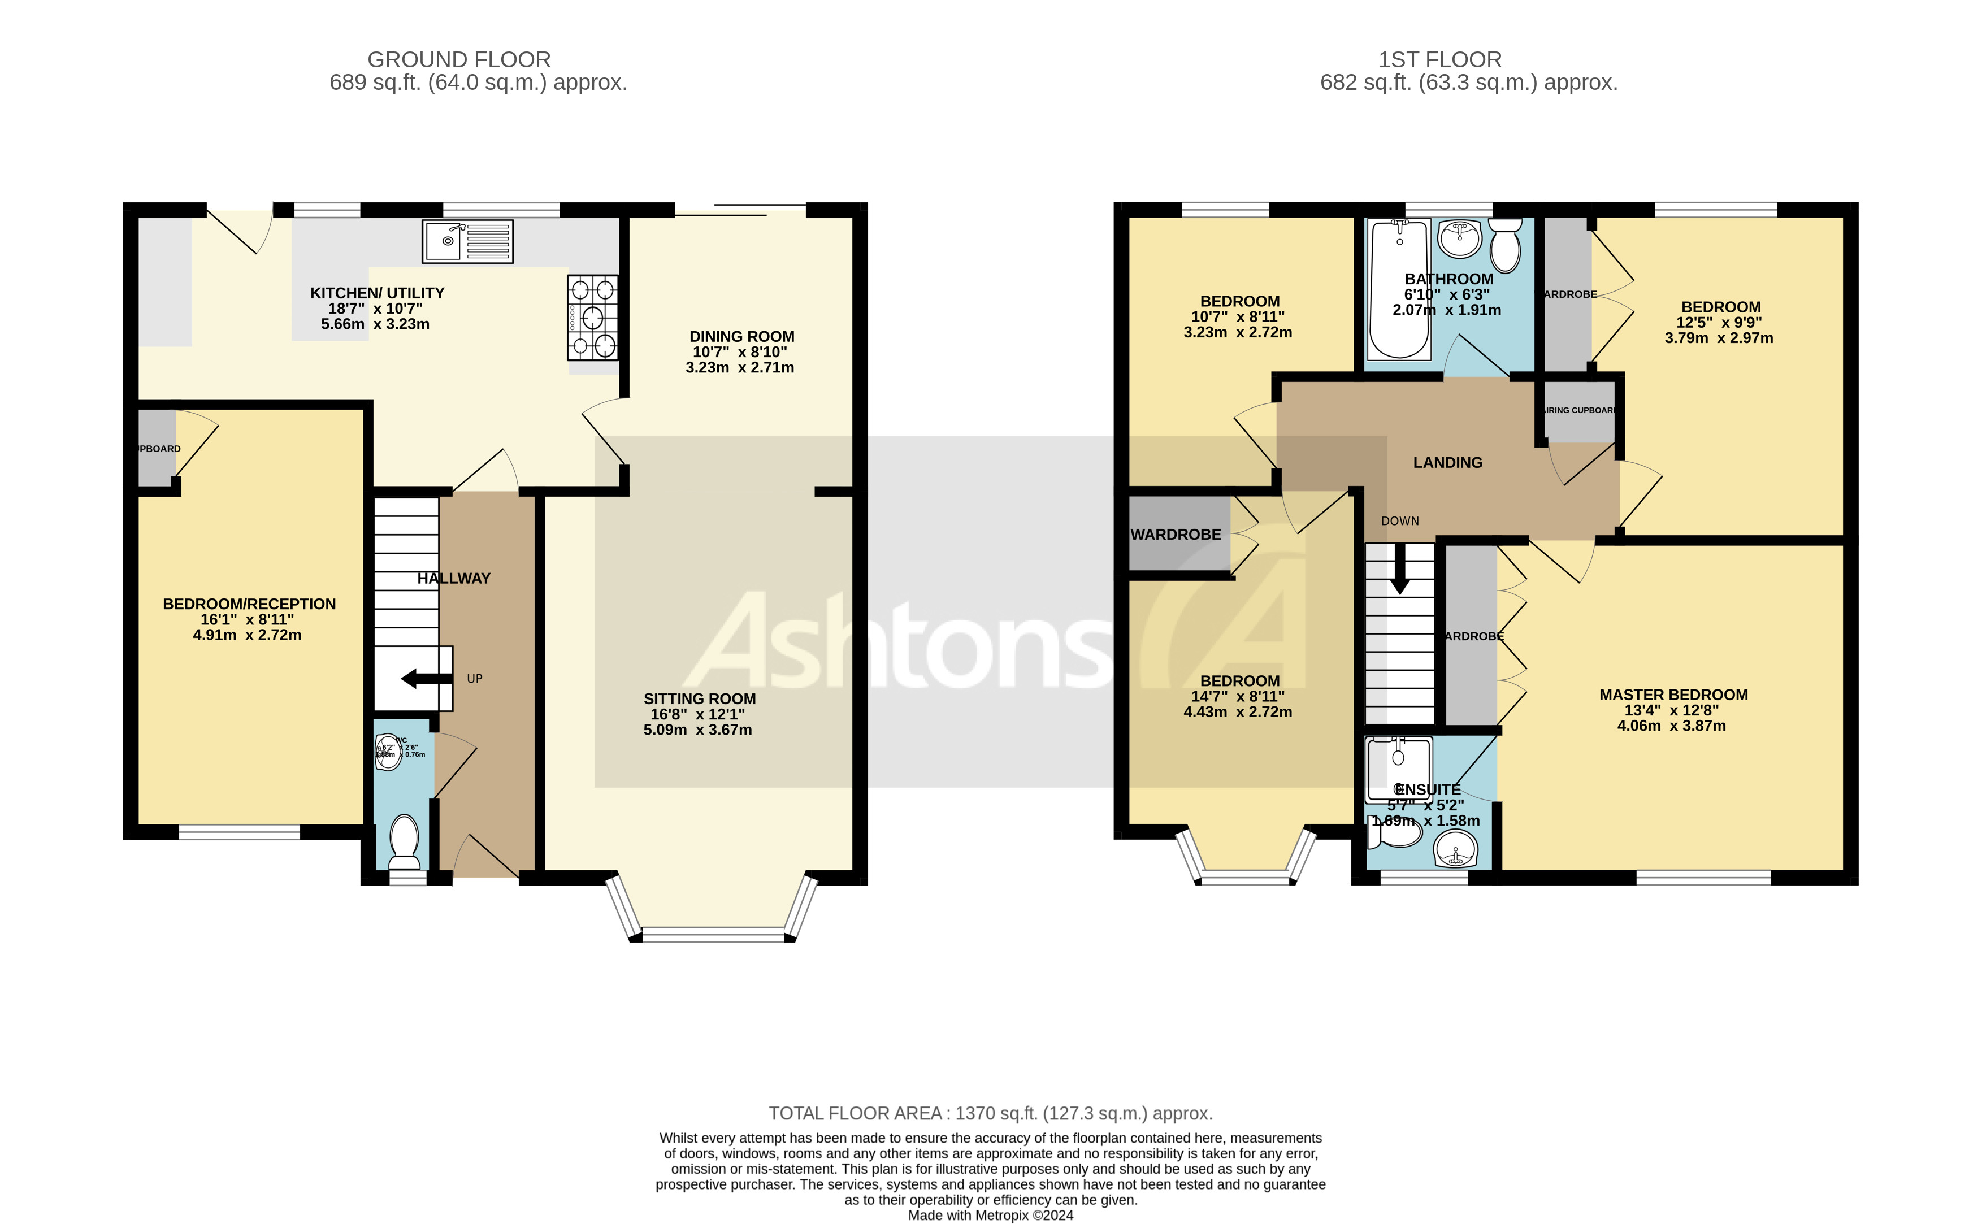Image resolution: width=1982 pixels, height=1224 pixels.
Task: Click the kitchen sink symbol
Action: (467, 241)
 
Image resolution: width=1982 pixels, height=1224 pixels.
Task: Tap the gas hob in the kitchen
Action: (593, 318)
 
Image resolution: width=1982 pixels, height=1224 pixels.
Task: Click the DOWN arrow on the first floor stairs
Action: (1399, 576)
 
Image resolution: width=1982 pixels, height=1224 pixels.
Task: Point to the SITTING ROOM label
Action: (700, 698)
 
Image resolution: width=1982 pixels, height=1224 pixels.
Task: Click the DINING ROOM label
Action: (741, 336)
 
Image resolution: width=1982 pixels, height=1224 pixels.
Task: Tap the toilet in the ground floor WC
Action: (404, 840)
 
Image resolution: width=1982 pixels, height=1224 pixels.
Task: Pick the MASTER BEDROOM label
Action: (1673, 695)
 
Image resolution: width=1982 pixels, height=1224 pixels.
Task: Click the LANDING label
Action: (1447, 462)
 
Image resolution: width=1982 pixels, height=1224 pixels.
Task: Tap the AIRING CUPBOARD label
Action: (1580, 410)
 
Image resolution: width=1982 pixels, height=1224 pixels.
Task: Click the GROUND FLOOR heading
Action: (459, 59)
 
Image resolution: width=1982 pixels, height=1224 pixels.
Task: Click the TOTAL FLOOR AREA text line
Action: (990, 1113)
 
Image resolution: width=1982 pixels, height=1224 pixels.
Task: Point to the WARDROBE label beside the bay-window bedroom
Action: (1176, 534)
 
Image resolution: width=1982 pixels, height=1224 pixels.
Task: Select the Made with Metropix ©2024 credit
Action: (990, 1215)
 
